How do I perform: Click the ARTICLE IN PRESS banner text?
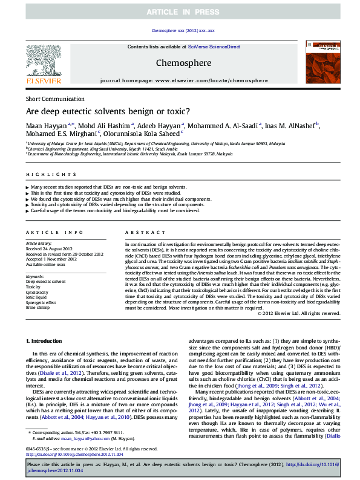click(x=180, y=11)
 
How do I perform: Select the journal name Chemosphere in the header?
click(x=183, y=62)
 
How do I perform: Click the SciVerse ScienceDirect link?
click(x=214, y=47)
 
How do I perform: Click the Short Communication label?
click(x=55, y=99)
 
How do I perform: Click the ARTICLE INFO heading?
click(x=54, y=232)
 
